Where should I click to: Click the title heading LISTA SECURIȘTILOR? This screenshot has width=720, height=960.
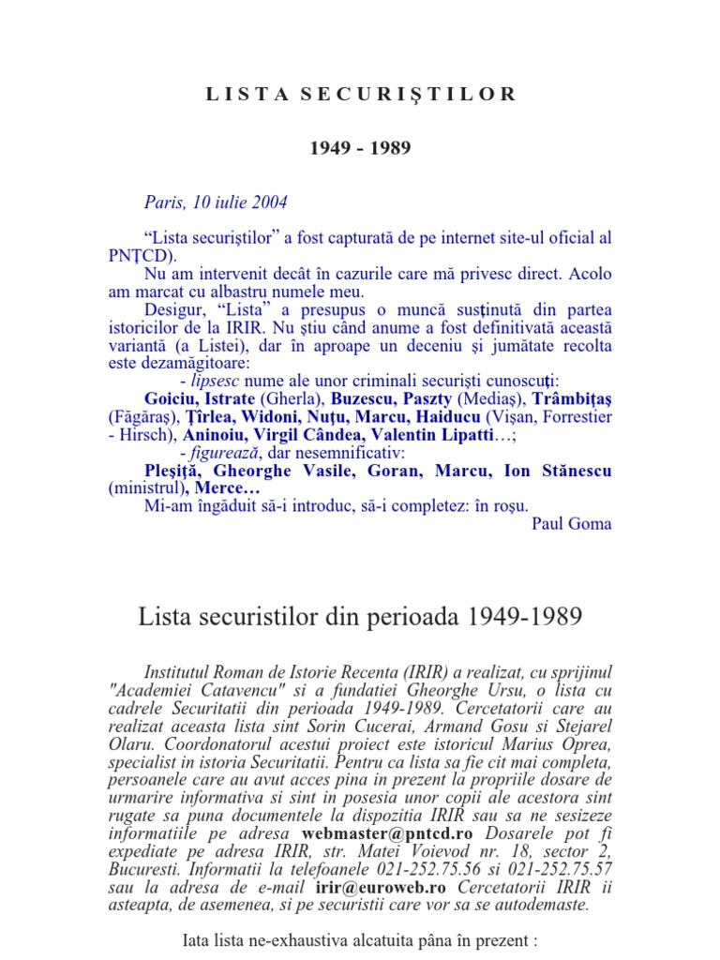tap(360, 94)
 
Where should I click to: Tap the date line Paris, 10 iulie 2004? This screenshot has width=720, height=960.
tap(216, 202)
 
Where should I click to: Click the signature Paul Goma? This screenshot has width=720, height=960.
tap(571, 523)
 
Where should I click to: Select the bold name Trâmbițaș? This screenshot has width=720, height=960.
tap(568, 398)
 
